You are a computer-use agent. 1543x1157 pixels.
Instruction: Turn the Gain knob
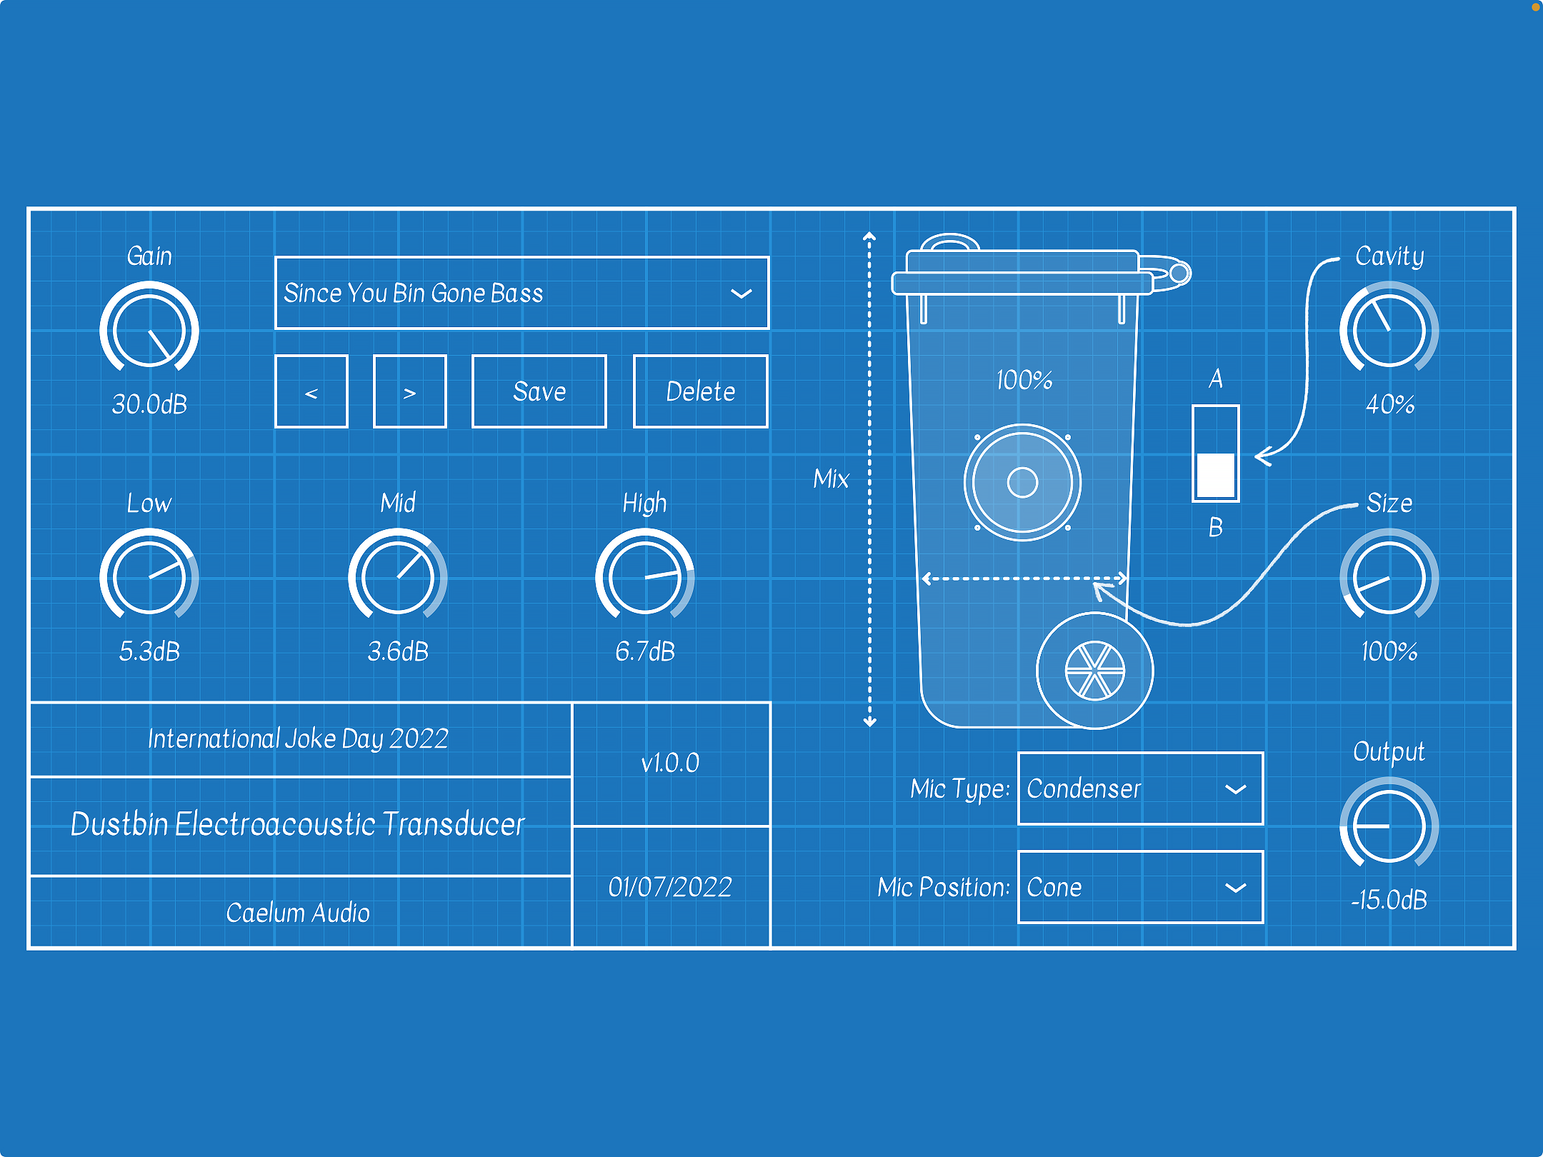(149, 330)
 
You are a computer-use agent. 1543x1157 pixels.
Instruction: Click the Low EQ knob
(149, 577)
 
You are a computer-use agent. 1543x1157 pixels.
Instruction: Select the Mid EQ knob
(398, 577)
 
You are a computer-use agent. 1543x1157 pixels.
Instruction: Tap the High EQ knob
(645, 577)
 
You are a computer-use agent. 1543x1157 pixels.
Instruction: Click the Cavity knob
(1389, 330)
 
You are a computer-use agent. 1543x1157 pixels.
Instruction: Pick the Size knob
(1389, 577)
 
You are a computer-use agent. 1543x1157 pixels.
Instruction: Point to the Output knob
(1389, 826)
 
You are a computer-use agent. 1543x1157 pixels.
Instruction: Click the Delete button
(700, 391)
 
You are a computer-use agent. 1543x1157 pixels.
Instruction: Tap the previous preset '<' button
(311, 391)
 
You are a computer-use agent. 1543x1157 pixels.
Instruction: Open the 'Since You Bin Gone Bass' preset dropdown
(521, 293)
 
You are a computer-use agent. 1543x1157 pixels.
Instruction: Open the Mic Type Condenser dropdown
(1140, 788)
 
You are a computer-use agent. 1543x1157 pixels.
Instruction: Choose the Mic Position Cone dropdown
(1140, 887)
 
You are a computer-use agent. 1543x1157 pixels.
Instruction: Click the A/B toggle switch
(1215, 454)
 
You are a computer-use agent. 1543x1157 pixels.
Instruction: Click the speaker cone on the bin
(1022, 482)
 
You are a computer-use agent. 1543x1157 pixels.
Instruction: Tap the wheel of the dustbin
(1094, 671)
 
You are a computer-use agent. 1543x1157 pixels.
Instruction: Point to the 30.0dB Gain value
(149, 404)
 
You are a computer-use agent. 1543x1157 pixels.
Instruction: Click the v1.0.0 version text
(670, 763)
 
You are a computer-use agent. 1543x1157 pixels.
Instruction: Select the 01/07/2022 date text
(670, 887)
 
